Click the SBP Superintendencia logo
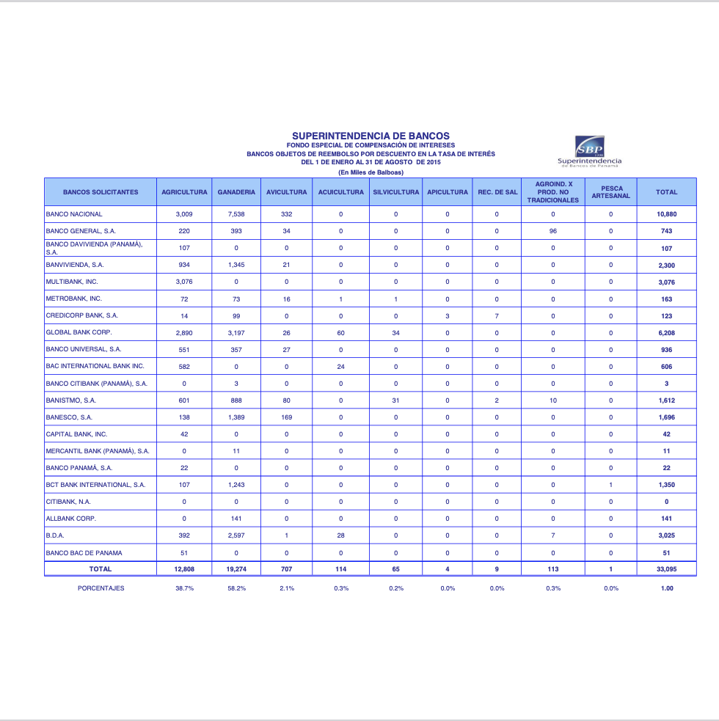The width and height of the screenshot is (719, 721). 589,151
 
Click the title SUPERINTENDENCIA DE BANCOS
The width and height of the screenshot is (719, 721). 371,136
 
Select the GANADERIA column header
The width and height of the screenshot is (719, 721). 236,192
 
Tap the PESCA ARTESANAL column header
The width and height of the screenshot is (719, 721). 611,192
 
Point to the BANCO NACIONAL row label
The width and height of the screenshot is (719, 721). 74,214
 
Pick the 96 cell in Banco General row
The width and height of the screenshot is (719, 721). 553,231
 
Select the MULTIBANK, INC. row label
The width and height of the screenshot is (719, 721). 72,282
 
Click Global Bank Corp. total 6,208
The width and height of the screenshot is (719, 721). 666,333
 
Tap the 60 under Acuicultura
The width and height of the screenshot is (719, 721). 340,333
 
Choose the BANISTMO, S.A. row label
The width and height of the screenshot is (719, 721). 71,400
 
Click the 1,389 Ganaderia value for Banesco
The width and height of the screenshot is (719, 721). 236,417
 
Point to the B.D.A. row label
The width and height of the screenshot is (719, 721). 55,535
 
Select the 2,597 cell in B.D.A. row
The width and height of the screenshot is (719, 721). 236,535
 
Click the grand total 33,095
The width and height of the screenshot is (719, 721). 666,568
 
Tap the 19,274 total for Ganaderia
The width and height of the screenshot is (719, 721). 236,568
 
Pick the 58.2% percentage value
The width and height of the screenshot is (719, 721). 236,588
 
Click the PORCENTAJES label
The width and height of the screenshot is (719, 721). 101,588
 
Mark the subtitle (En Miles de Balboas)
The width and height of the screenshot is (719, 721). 371,172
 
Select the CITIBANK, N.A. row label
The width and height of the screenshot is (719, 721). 69,502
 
